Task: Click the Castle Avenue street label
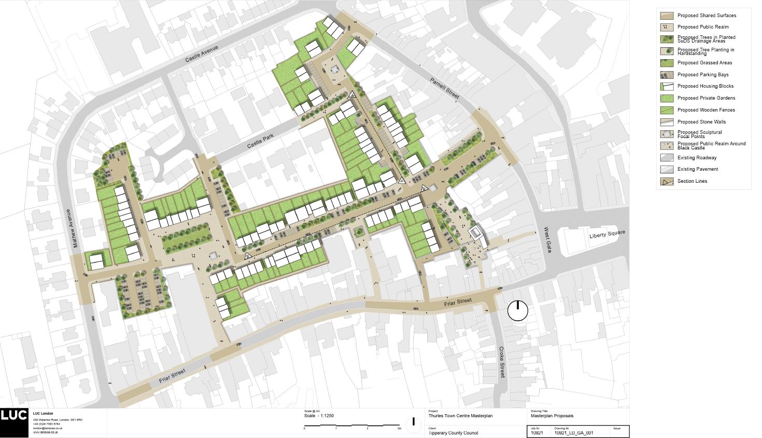(x=202, y=54)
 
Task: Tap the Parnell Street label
(x=445, y=88)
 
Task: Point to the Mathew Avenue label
(x=75, y=228)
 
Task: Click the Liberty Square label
(x=608, y=235)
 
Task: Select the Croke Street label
(x=501, y=362)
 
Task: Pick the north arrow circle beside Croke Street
(x=517, y=311)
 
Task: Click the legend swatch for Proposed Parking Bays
(x=667, y=75)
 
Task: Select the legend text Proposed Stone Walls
(x=701, y=122)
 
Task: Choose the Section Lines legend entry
(x=692, y=181)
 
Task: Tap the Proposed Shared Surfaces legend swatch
(x=667, y=16)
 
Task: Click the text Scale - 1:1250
(x=319, y=416)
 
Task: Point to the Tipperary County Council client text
(x=453, y=433)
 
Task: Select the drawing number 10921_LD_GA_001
(x=573, y=433)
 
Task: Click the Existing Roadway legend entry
(x=697, y=158)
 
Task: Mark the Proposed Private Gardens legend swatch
(x=667, y=98)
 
